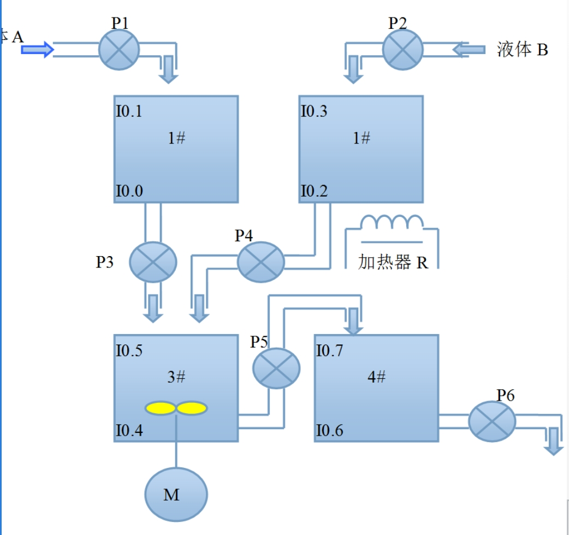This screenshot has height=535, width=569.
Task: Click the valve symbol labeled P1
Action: click(x=119, y=50)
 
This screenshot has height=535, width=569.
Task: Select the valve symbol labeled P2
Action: click(x=403, y=50)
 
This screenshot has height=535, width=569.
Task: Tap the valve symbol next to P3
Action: click(x=153, y=262)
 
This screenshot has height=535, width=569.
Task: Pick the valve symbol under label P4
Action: click(x=261, y=262)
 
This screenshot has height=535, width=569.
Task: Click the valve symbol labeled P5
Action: click(x=276, y=368)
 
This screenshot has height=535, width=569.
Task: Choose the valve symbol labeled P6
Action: click(x=492, y=421)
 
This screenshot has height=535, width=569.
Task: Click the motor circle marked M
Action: click(x=176, y=494)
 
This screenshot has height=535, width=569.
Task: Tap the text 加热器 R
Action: click(x=393, y=262)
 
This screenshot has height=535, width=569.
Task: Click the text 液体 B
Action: click(x=522, y=50)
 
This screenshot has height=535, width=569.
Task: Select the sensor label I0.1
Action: click(x=129, y=111)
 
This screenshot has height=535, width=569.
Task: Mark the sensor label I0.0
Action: click(x=129, y=191)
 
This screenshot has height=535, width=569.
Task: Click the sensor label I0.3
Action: click(x=314, y=111)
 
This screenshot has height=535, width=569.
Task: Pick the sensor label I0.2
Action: click(x=314, y=191)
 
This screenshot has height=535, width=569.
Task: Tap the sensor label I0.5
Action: click(x=129, y=350)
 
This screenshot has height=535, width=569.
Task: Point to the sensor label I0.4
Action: click(x=129, y=431)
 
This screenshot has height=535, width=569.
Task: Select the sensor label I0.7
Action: click(x=330, y=350)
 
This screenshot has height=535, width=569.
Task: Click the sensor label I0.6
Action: click(x=330, y=431)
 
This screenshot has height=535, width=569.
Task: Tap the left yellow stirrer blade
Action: click(x=160, y=408)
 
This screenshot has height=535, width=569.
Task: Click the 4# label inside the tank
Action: click(x=377, y=376)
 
